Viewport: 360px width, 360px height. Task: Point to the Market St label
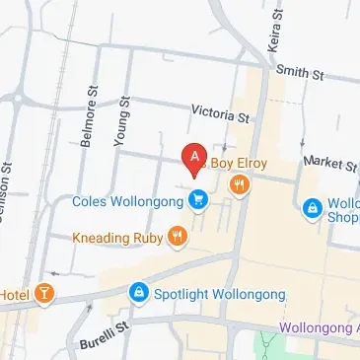pyautogui.click(x=329, y=161)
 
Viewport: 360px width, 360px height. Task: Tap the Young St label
pyautogui.click(x=123, y=121)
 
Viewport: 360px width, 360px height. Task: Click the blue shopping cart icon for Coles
pyautogui.click(x=199, y=200)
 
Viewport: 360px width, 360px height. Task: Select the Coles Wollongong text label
pyautogui.click(x=127, y=201)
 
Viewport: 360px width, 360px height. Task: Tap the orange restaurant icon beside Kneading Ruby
pyautogui.click(x=178, y=236)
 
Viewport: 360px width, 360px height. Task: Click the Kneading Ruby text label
pyautogui.click(x=117, y=237)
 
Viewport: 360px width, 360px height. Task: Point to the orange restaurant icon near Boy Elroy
pyautogui.click(x=239, y=183)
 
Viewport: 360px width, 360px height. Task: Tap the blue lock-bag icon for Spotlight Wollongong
pyautogui.click(x=138, y=294)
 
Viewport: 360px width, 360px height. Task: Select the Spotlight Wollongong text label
pyautogui.click(x=219, y=294)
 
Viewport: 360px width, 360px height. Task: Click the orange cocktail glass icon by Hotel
pyautogui.click(x=43, y=294)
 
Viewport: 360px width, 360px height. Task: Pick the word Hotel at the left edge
pyautogui.click(x=15, y=294)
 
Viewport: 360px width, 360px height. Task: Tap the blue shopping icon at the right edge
pyautogui.click(x=313, y=208)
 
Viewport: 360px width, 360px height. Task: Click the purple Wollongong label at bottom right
pyautogui.click(x=320, y=327)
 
